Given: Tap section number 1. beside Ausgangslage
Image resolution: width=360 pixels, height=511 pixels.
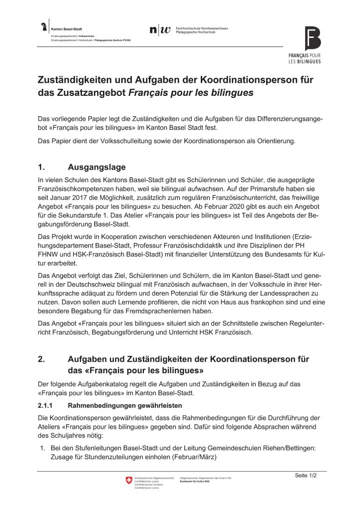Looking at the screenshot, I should tap(42, 167).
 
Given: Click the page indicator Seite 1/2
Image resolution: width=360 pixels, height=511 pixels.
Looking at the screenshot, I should tap(306, 476).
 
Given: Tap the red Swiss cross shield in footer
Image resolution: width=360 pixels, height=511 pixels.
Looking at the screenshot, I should tap(129, 481).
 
